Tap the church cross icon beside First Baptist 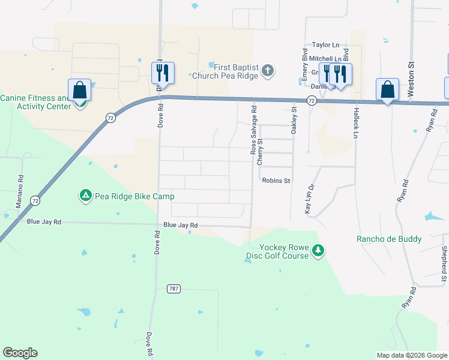point(268,71)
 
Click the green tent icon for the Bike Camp point(86,196)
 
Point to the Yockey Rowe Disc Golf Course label point(285,251)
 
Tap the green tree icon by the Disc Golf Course point(319,251)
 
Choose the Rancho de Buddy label point(389,239)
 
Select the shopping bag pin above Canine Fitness point(80,91)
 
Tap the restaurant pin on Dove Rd point(163,73)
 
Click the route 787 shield point(173,289)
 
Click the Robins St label point(276,181)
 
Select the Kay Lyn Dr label point(309,199)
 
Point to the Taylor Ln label point(325,45)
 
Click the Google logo point(20,353)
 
